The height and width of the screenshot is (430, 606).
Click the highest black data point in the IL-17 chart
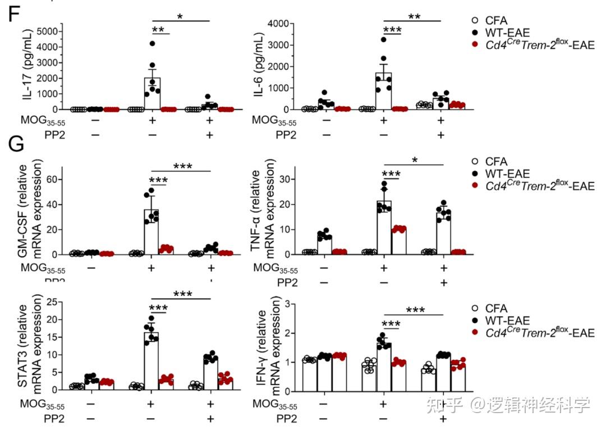[x=151, y=43]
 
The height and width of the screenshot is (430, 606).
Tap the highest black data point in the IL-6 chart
[x=383, y=39]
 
